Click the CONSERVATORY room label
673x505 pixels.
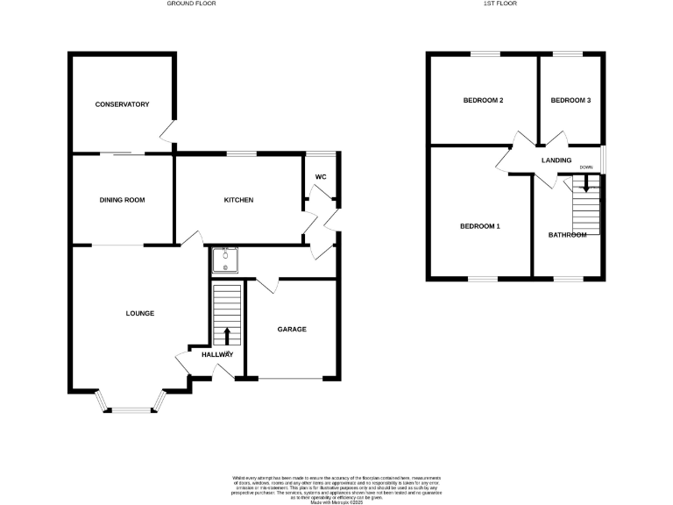click(x=122, y=104)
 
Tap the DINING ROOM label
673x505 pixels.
click(x=122, y=200)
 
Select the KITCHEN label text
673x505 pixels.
click(x=238, y=200)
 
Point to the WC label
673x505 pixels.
click(x=321, y=177)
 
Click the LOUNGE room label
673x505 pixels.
click(x=140, y=313)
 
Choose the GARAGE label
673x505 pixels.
click(x=292, y=330)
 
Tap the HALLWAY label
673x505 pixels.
click(x=217, y=354)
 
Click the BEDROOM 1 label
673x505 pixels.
click(x=479, y=226)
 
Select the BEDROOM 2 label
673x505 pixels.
click(x=483, y=101)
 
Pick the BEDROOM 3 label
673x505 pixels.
click(x=570, y=101)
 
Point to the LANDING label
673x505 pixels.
click(x=556, y=160)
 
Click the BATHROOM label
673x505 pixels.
click(x=568, y=235)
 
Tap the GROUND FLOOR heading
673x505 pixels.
click(x=191, y=4)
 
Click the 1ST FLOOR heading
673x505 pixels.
click(x=496, y=4)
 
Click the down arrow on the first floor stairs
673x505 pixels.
click(x=586, y=184)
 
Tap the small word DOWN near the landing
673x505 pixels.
click(x=586, y=167)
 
